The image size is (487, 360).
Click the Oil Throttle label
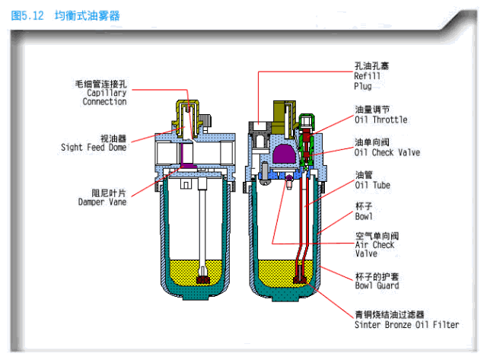[380, 119]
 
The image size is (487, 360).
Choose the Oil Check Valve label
[387, 152]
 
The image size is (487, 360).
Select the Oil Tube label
[373, 184]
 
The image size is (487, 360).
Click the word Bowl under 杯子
[364, 217]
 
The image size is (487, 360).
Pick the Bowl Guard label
[377, 285]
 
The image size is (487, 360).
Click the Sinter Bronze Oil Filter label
[406, 324]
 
